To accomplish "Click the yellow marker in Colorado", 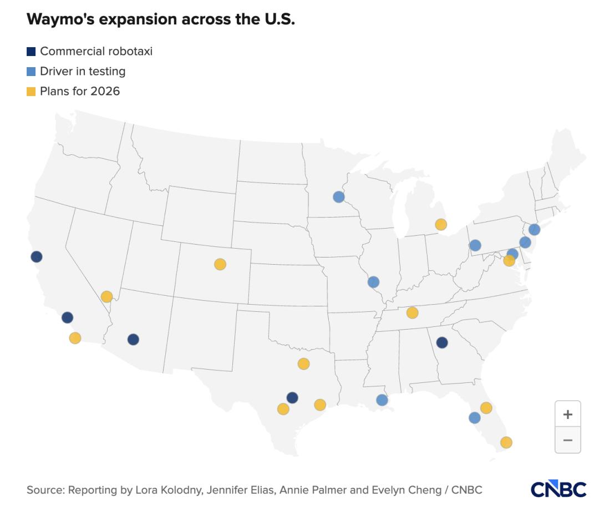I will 220,264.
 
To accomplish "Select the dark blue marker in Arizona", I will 133,339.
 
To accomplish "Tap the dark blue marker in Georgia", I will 441,342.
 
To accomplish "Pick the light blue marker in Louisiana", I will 382,400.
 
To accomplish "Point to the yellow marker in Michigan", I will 440,224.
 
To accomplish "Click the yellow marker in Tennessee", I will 412,313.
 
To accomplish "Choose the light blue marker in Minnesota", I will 338,196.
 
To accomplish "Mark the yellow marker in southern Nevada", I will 106,296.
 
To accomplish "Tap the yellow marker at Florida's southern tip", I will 506,442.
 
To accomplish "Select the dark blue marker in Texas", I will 292,397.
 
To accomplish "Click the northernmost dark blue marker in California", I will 37,256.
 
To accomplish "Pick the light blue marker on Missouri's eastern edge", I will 373,282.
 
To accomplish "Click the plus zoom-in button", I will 567,414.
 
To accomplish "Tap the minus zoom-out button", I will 567,440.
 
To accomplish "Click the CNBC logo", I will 558,489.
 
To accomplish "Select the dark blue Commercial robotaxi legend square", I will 31,52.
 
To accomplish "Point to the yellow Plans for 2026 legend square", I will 31,91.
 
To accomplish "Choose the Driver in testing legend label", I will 83,71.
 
